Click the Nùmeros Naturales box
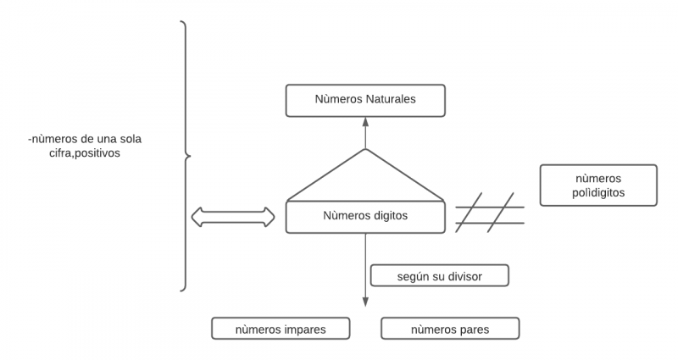click(x=365, y=101)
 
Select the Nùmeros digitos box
click(x=365, y=216)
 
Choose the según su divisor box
click(x=440, y=276)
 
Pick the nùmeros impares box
click(x=281, y=329)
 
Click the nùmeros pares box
click(x=449, y=329)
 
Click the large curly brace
click(x=186, y=156)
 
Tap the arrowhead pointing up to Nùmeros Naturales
click(x=365, y=122)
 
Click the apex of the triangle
click(x=365, y=150)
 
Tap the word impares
click(x=300, y=329)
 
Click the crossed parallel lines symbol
click(x=490, y=213)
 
